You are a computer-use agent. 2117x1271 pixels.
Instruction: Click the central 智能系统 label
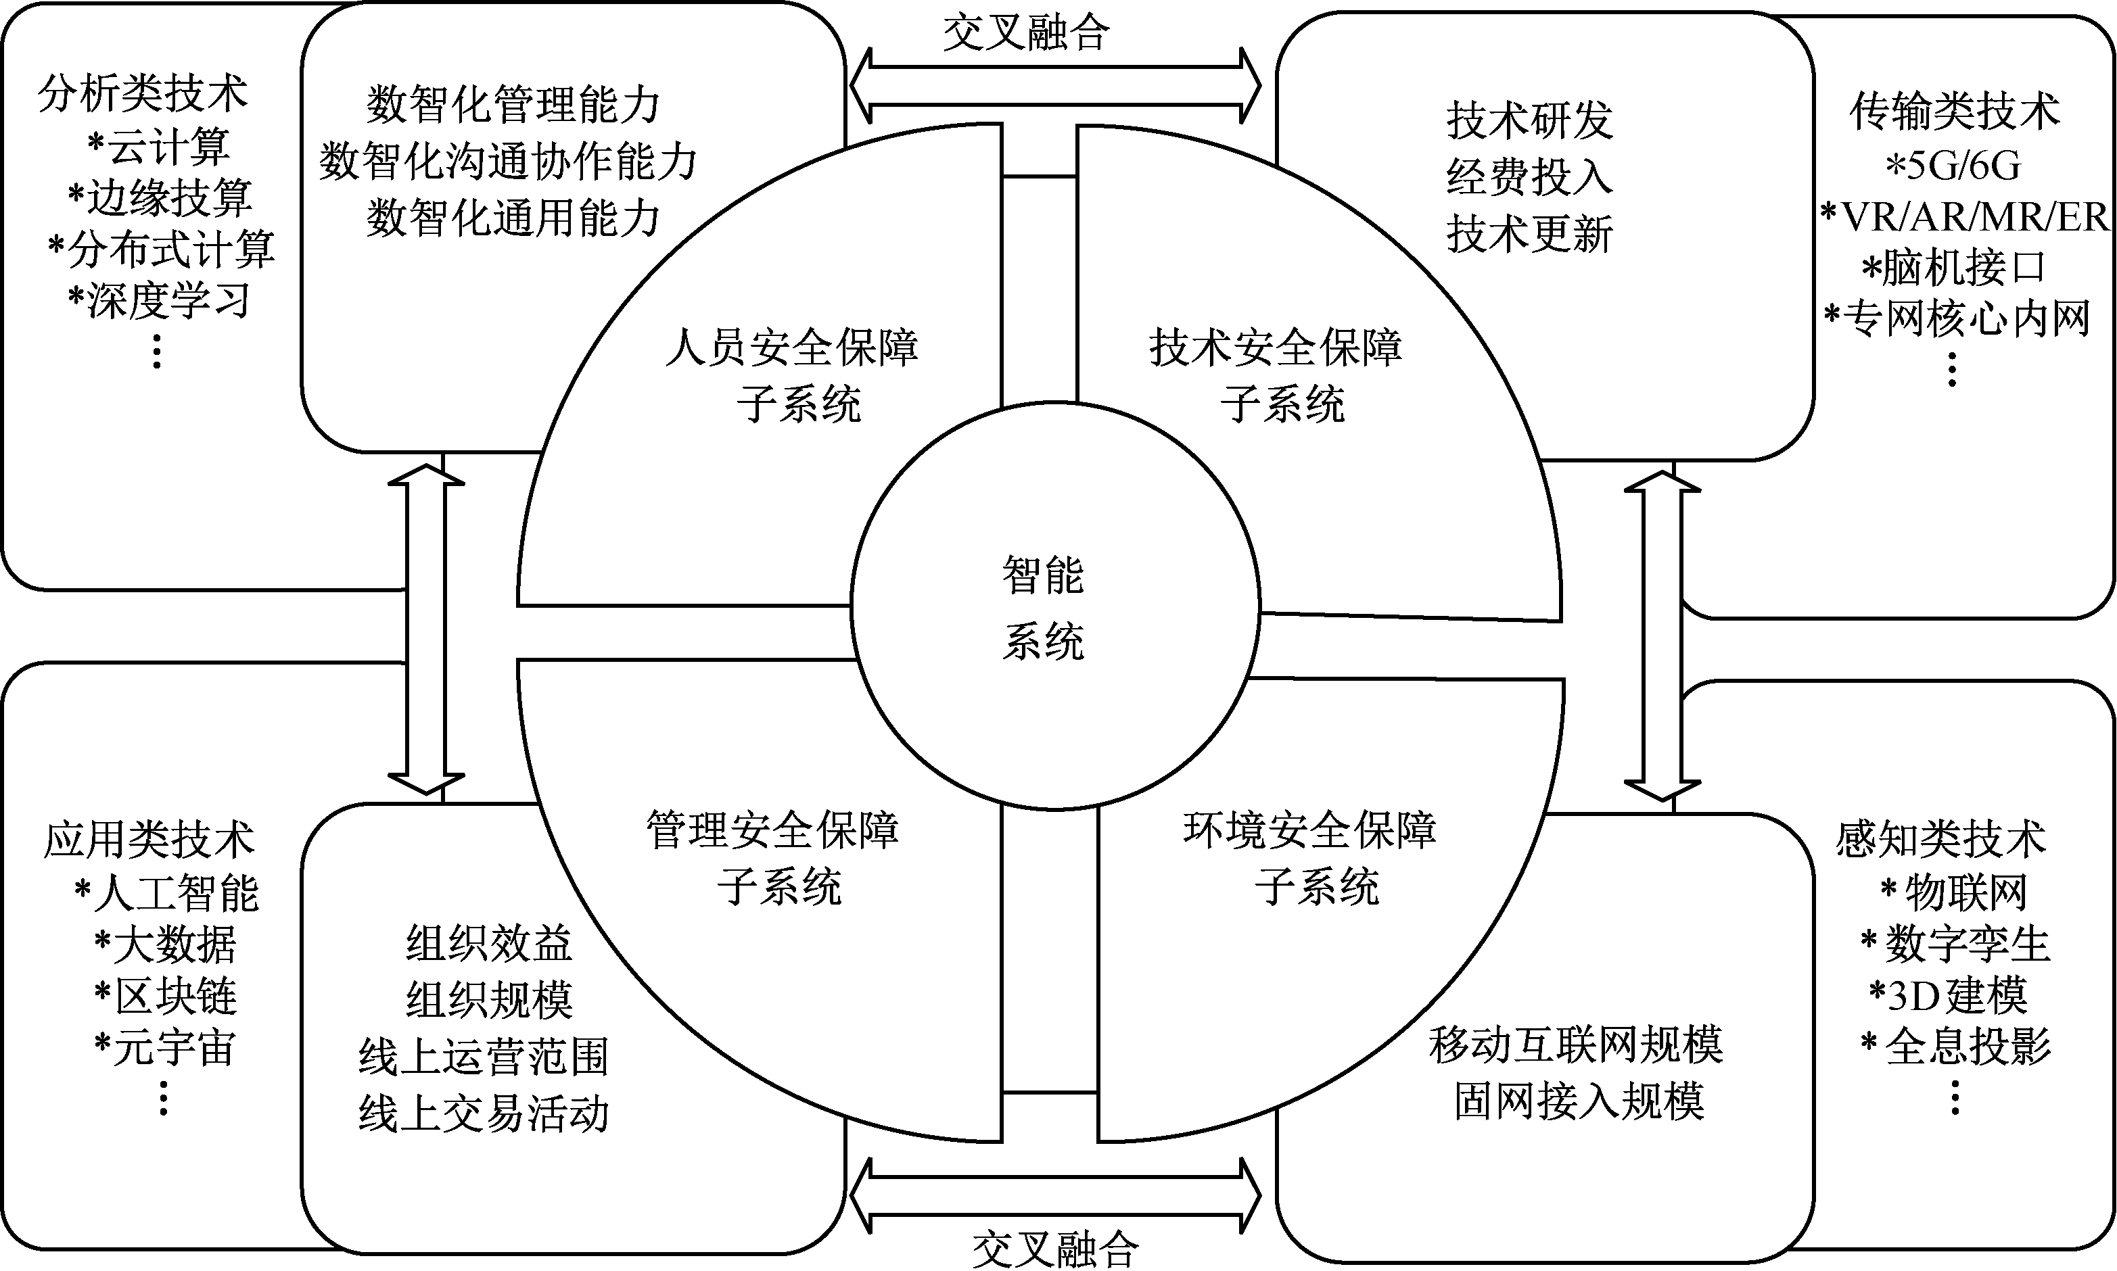coord(1044,608)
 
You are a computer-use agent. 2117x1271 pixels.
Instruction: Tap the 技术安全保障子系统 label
coord(1276,375)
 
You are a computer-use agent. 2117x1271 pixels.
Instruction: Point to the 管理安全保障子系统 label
coord(773,858)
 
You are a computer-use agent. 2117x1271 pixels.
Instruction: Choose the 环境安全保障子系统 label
coord(1310,858)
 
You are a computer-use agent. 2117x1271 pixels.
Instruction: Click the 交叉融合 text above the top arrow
coord(1026,32)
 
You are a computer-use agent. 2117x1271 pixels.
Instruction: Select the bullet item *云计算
coord(158,145)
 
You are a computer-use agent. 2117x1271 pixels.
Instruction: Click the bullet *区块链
coord(165,996)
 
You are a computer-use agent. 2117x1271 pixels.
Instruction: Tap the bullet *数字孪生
coord(1956,944)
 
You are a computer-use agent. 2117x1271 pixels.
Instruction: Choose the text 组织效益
coord(488,944)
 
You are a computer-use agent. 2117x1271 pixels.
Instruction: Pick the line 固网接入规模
coord(1579,1101)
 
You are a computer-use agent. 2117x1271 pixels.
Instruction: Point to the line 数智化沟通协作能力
coord(509,161)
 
